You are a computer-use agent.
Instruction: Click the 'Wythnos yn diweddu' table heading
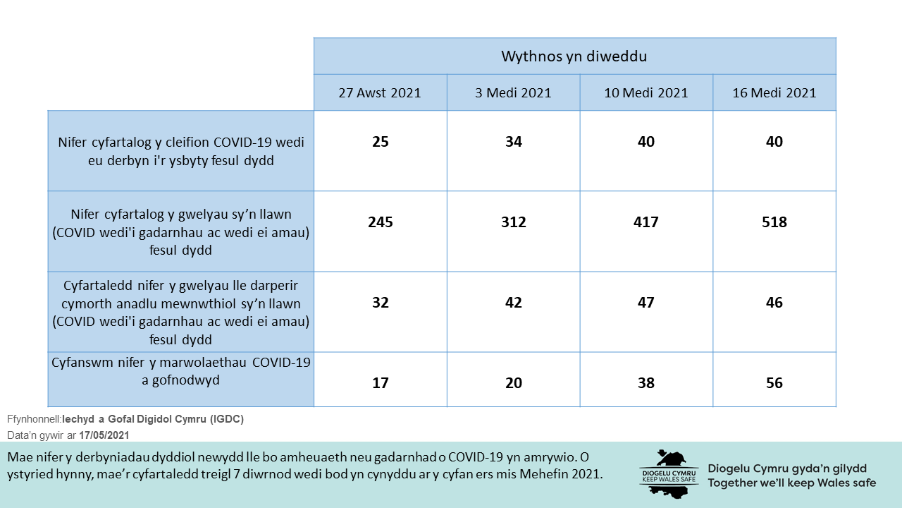point(574,56)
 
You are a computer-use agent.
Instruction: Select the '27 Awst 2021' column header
point(380,93)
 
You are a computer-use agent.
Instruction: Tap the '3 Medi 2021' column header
point(513,93)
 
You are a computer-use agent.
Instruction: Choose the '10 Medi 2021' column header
point(646,93)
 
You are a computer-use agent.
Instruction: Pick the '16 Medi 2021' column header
point(774,93)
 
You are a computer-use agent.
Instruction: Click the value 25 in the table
point(381,142)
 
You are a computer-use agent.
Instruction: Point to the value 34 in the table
point(514,142)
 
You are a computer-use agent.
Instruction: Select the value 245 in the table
point(381,222)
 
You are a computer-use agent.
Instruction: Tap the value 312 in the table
point(514,222)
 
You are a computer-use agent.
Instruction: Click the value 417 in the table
point(646,222)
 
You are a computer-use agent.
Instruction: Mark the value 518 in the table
point(774,222)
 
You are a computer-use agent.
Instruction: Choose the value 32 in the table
point(381,303)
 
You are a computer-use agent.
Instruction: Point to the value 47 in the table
point(646,303)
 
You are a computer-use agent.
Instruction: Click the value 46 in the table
point(774,303)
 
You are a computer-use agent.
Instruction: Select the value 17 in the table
point(381,383)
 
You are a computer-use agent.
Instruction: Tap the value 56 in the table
point(774,383)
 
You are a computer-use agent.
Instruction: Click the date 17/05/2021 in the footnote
point(104,435)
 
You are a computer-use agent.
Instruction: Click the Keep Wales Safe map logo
point(667,473)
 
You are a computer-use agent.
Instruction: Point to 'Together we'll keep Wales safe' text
point(791,483)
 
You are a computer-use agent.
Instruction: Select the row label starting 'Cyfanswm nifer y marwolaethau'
point(181,371)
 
